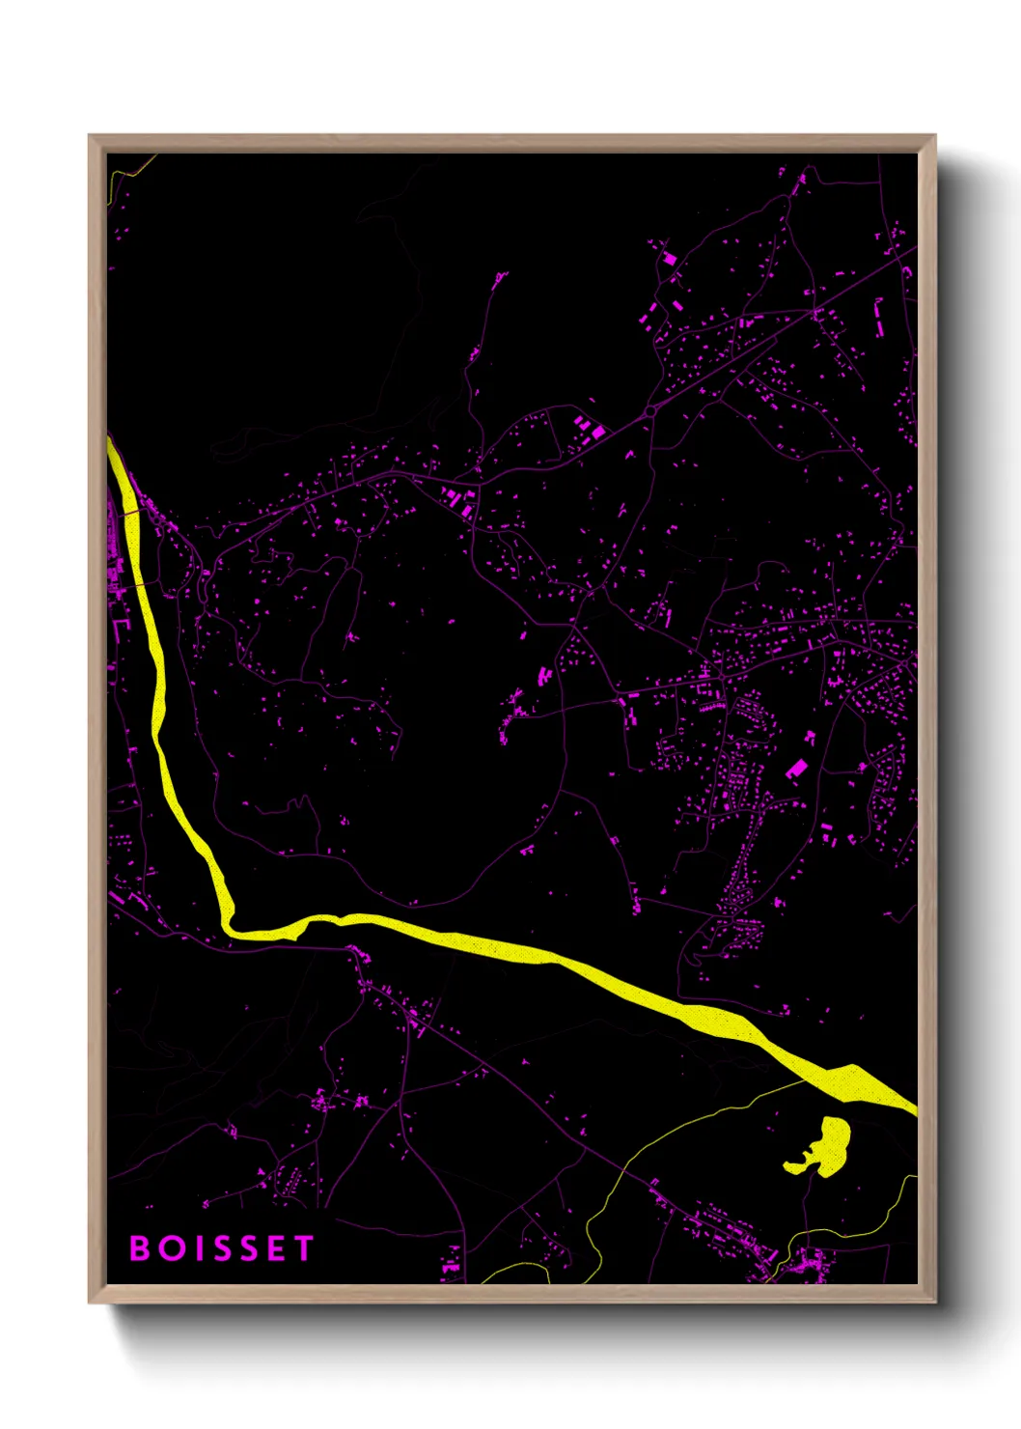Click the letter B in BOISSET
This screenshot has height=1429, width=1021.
140,1248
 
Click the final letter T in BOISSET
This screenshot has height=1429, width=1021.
304,1248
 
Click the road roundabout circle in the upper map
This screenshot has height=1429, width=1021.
650,411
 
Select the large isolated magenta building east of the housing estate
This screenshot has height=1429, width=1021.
796,769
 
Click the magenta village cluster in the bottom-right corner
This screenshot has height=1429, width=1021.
806,1261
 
